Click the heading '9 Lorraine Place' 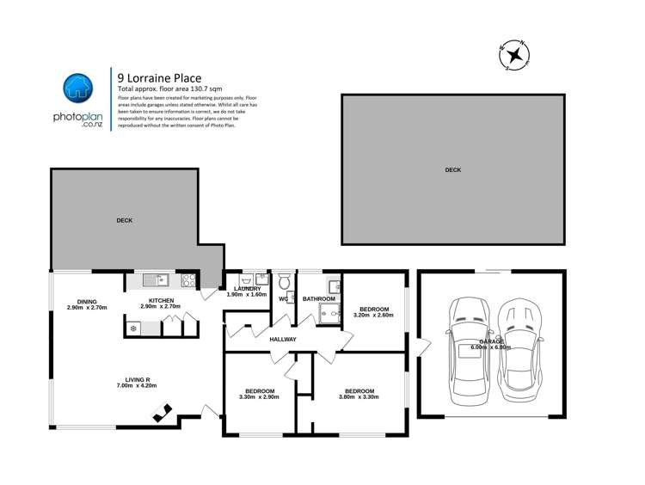(159, 77)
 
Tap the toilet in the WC (285, 281)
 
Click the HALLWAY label (282, 340)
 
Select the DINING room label (86, 301)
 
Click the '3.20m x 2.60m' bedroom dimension (373, 316)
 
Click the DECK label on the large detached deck (453, 170)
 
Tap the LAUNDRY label (245, 288)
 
